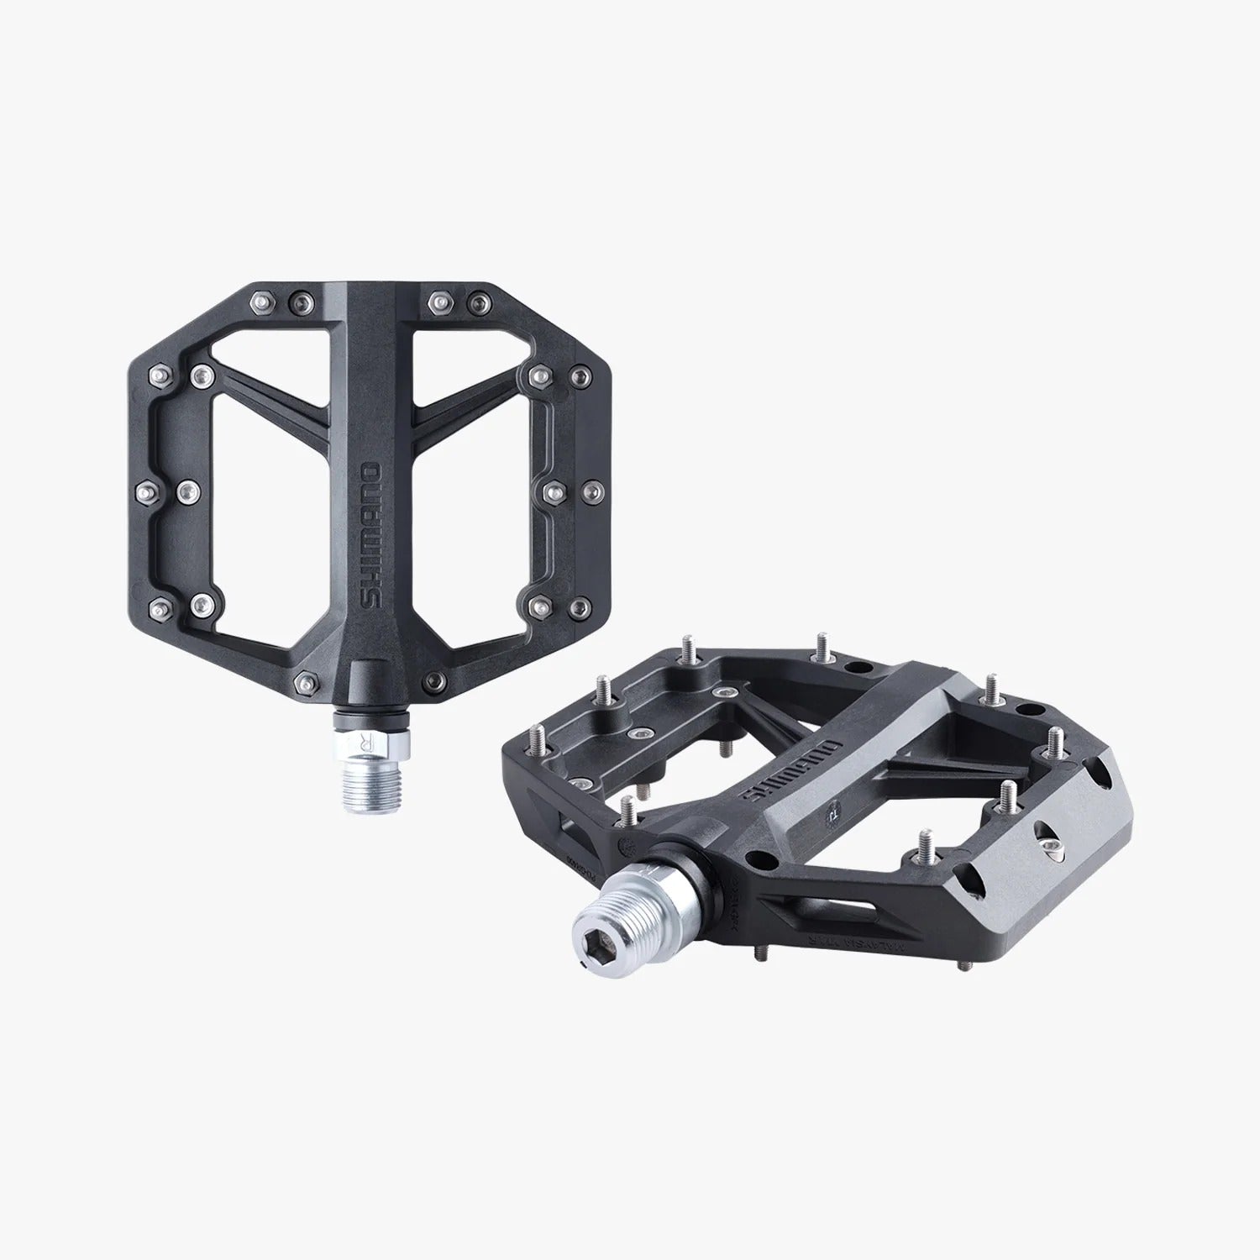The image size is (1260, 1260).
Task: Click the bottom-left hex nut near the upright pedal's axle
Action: pos(304,679)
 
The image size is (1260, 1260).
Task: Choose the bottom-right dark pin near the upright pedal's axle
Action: pos(433,679)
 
